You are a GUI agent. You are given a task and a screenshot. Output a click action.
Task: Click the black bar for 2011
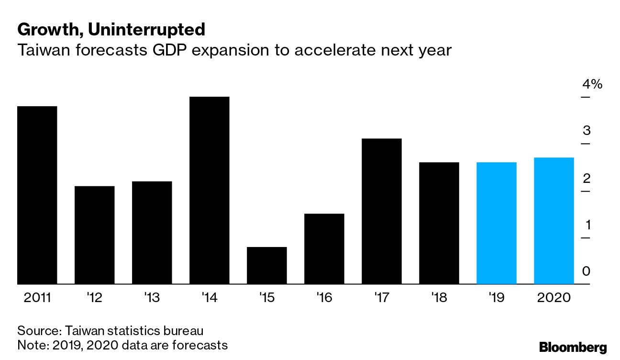(x=37, y=195)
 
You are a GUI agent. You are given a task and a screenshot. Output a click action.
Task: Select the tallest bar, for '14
(x=209, y=191)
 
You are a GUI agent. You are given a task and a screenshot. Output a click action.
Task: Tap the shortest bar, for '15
(x=267, y=266)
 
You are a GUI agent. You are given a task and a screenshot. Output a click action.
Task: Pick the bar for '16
(x=324, y=249)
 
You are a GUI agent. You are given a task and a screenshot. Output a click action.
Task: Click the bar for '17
(x=382, y=211)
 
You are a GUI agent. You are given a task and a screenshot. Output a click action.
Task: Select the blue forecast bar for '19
(x=497, y=223)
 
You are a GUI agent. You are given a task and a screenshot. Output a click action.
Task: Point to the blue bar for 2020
(x=554, y=221)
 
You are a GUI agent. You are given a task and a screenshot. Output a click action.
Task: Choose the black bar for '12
(x=94, y=235)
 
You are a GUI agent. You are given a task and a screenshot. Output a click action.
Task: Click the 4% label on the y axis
(x=592, y=84)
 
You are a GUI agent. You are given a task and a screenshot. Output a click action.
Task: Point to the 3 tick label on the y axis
(x=587, y=130)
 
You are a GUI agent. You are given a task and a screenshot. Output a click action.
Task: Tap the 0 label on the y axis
(x=586, y=271)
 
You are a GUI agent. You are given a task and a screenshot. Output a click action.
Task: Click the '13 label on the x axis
(x=152, y=298)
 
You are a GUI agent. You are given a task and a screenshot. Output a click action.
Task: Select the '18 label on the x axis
(x=439, y=298)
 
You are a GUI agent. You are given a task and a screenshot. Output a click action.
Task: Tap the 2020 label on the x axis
(x=554, y=298)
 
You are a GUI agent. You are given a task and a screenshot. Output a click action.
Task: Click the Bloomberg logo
(x=573, y=348)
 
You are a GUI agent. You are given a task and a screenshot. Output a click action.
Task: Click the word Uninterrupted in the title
(x=146, y=30)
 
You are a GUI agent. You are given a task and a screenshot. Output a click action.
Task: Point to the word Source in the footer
(x=39, y=331)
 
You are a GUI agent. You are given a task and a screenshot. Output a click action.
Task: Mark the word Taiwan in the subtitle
(x=44, y=50)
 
